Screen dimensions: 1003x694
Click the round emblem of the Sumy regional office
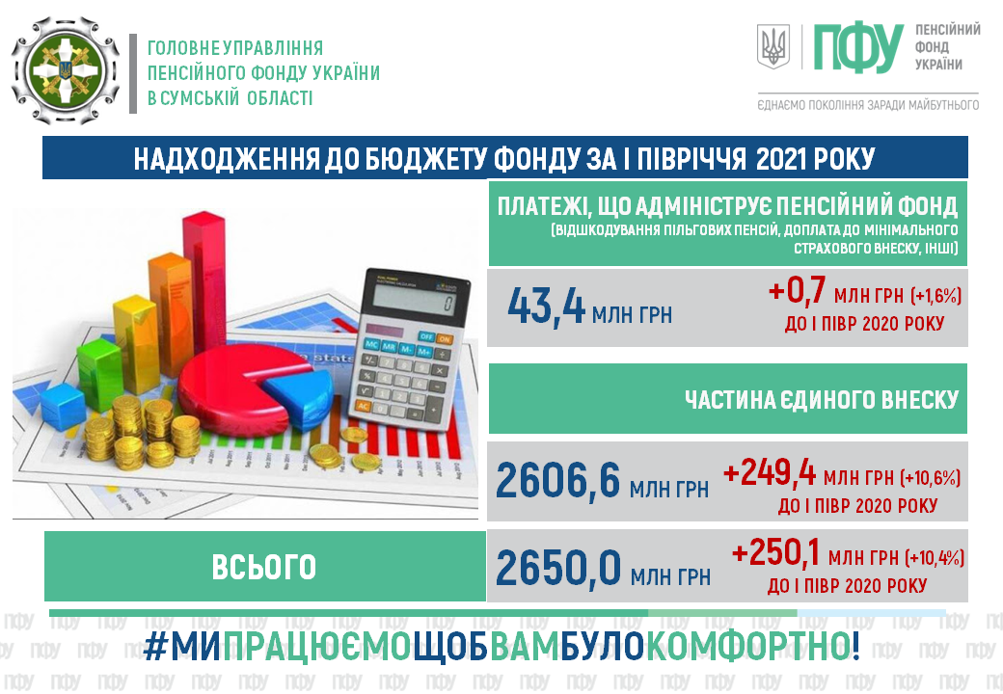[x=66, y=70]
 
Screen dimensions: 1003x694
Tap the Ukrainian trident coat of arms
[x=773, y=46]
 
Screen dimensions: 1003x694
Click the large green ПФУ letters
[x=857, y=48]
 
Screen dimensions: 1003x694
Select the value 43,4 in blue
[x=546, y=307]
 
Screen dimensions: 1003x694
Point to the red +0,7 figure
[x=797, y=291]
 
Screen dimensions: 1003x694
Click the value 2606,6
[x=557, y=481]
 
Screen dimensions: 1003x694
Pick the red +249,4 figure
[x=770, y=473]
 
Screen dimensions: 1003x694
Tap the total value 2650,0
[x=557, y=568]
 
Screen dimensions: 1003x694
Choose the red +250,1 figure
[x=776, y=552]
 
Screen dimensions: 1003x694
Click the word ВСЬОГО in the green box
[x=264, y=567]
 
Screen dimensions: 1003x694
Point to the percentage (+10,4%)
[x=935, y=558]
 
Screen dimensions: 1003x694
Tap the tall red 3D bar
[x=203, y=291]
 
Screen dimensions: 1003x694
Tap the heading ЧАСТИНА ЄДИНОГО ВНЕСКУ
[x=822, y=400]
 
